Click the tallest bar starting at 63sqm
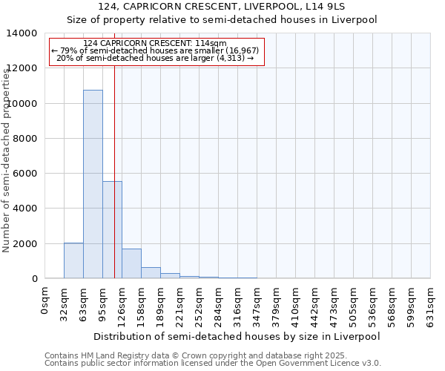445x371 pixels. point(93,184)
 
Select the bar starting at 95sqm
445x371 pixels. point(112,230)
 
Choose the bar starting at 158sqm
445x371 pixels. point(151,272)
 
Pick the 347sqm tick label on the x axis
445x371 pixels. point(257,306)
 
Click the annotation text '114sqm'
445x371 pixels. point(201,44)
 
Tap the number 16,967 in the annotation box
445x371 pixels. point(242,50)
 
